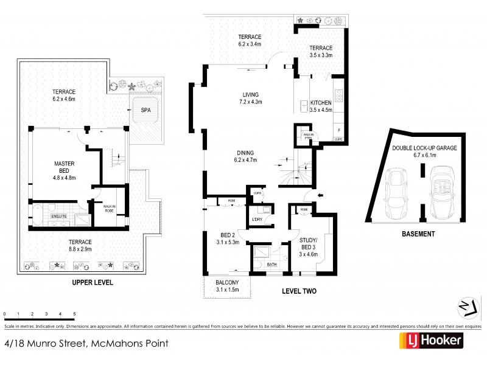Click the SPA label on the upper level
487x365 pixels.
(145, 111)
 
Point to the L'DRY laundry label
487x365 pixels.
(257, 219)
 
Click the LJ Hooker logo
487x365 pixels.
(430, 341)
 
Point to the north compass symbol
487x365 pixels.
(466, 307)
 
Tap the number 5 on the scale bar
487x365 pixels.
(74, 314)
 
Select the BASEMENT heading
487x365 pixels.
(418, 234)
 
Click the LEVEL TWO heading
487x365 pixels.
(299, 291)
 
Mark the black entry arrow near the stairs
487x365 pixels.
(321, 195)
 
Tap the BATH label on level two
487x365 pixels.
(271, 265)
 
